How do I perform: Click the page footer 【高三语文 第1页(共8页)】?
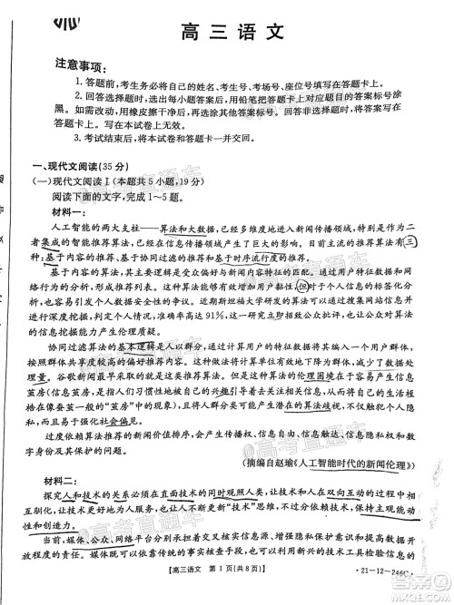point(210,592)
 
